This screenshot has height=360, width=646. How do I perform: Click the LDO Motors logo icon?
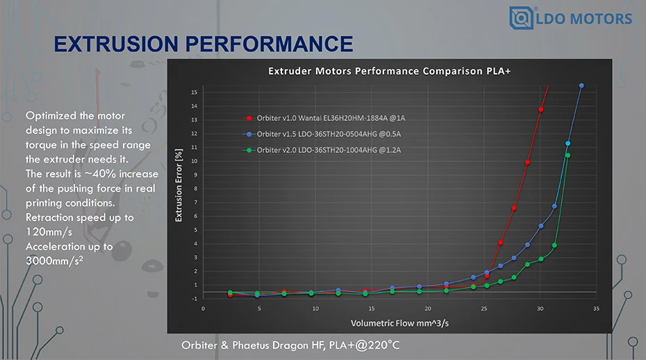[x=521, y=17]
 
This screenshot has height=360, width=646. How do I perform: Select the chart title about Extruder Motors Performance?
[x=390, y=71]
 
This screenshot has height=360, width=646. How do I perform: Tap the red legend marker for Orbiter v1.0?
[x=248, y=118]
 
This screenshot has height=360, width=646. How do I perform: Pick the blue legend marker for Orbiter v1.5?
[x=248, y=133]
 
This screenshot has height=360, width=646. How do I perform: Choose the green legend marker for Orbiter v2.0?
[x=248, y=149]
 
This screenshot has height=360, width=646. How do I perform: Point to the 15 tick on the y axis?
[x=194, y=92]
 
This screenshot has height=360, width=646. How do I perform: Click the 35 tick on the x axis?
[x=596, y=307]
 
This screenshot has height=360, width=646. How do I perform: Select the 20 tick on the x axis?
[x=428, y=307]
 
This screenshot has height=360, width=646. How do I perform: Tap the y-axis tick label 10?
[x=194, y=161]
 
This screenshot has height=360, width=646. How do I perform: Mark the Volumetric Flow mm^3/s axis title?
[x=399, y=323]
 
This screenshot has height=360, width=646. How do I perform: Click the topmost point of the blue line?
[x=581, y=85]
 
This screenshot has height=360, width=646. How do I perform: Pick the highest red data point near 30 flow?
[x=540, y=110]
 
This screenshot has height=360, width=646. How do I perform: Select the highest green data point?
[x=568, y=155]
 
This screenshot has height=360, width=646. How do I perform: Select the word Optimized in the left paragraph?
[x=50, y=115]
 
